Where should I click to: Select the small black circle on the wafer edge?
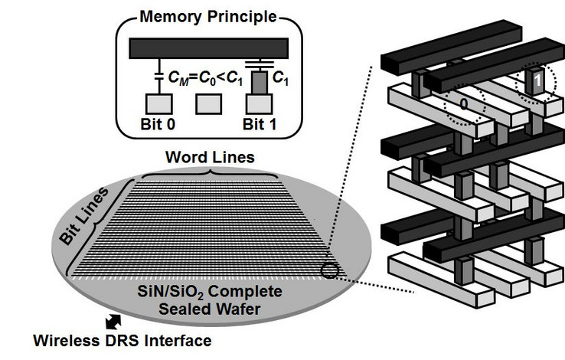pyautogui.click(x=329, y=269)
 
